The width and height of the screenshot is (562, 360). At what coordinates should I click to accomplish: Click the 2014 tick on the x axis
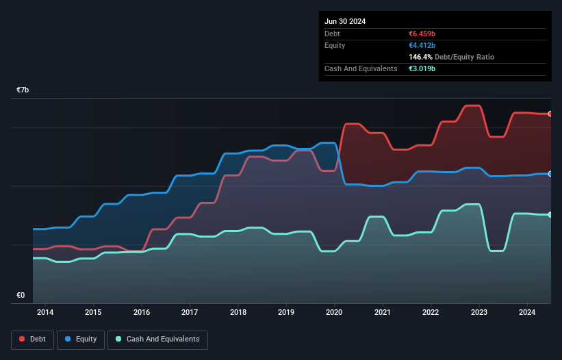point(45,313)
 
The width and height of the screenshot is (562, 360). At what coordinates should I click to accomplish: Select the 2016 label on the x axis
point(142,313)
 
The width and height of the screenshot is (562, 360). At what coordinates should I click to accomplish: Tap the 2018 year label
point(238,313)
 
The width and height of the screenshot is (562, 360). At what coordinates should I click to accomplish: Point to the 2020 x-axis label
point(335,313)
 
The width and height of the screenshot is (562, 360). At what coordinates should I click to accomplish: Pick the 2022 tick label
point(431,313)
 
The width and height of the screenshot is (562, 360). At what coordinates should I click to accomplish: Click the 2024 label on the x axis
point(528,313)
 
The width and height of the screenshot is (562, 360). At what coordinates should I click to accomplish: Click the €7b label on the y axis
point(23,90)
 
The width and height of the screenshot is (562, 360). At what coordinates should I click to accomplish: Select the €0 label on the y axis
point(21,296)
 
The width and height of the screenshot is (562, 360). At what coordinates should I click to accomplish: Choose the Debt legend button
point(31,339)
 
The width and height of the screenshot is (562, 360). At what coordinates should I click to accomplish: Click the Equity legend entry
point(81,339)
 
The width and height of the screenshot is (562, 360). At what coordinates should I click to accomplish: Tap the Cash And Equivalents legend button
point(157,339)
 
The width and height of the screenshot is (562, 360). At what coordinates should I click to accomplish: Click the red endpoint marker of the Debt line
point(550,114)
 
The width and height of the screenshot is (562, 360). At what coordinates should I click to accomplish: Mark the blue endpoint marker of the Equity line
point(550,174)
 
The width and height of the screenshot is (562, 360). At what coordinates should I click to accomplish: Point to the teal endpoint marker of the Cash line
point(550,215)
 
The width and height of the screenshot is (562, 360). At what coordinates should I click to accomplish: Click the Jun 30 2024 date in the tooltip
point(345,21)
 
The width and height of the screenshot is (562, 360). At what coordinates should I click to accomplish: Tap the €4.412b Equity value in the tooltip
point(425,45)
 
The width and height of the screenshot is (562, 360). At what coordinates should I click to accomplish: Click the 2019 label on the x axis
point(286,313)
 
